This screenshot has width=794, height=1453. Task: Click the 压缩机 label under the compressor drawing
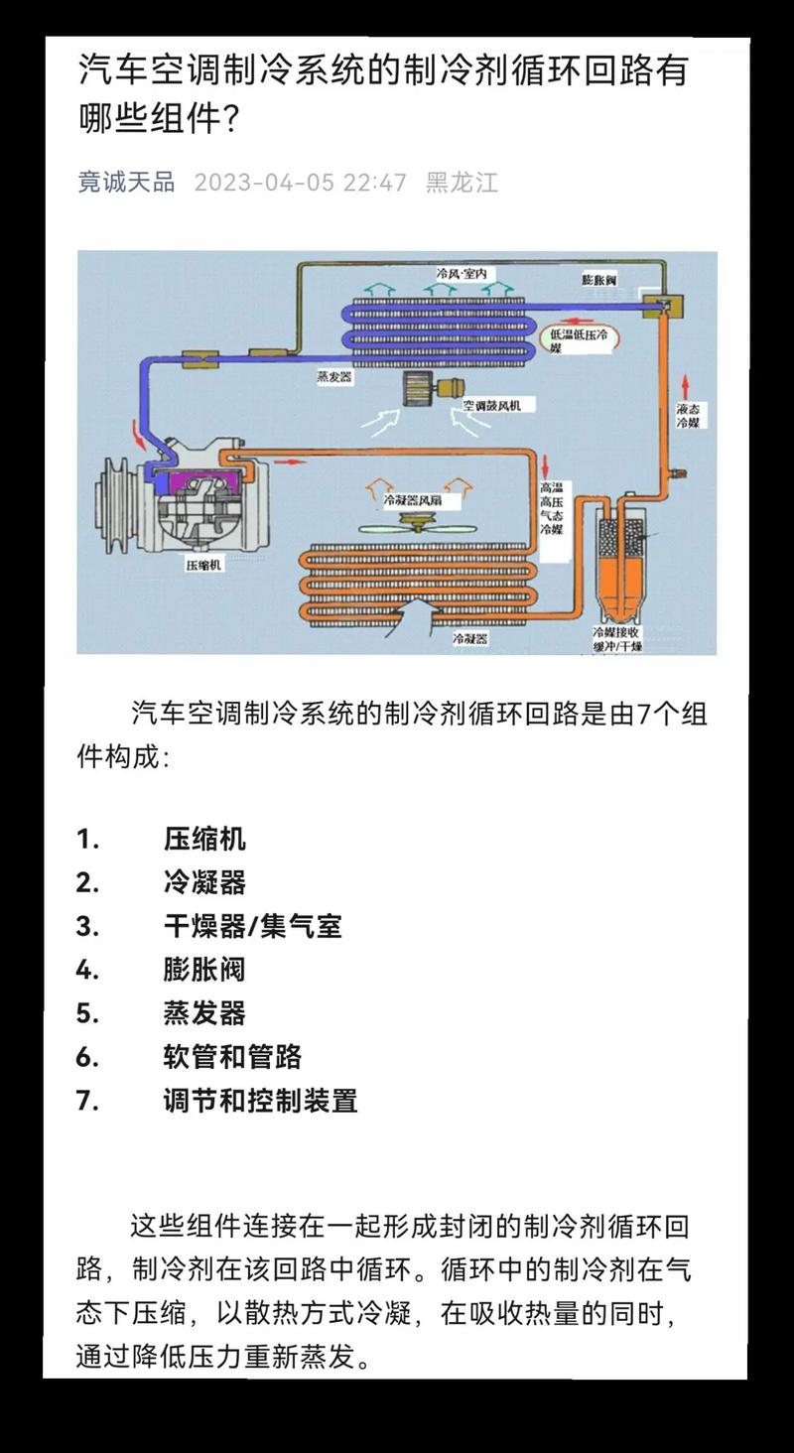point(204,566)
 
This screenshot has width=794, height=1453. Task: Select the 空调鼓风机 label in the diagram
point(498,405)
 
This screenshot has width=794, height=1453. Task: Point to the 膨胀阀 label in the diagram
point(599,281)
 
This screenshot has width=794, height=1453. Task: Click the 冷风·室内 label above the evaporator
point(459,272)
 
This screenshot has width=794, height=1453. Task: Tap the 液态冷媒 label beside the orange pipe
point(688,415)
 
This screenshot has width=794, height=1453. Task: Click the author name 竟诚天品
point(126,183)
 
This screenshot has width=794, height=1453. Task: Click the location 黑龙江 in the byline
point(462,183)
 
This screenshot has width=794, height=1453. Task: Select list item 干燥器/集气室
point(252,926)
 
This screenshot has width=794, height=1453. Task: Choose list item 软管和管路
point(232,1057)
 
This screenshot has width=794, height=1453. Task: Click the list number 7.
point(87,1101)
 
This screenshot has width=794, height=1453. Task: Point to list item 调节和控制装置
point(260,1101)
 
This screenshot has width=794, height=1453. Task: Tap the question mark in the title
point(228,121)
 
